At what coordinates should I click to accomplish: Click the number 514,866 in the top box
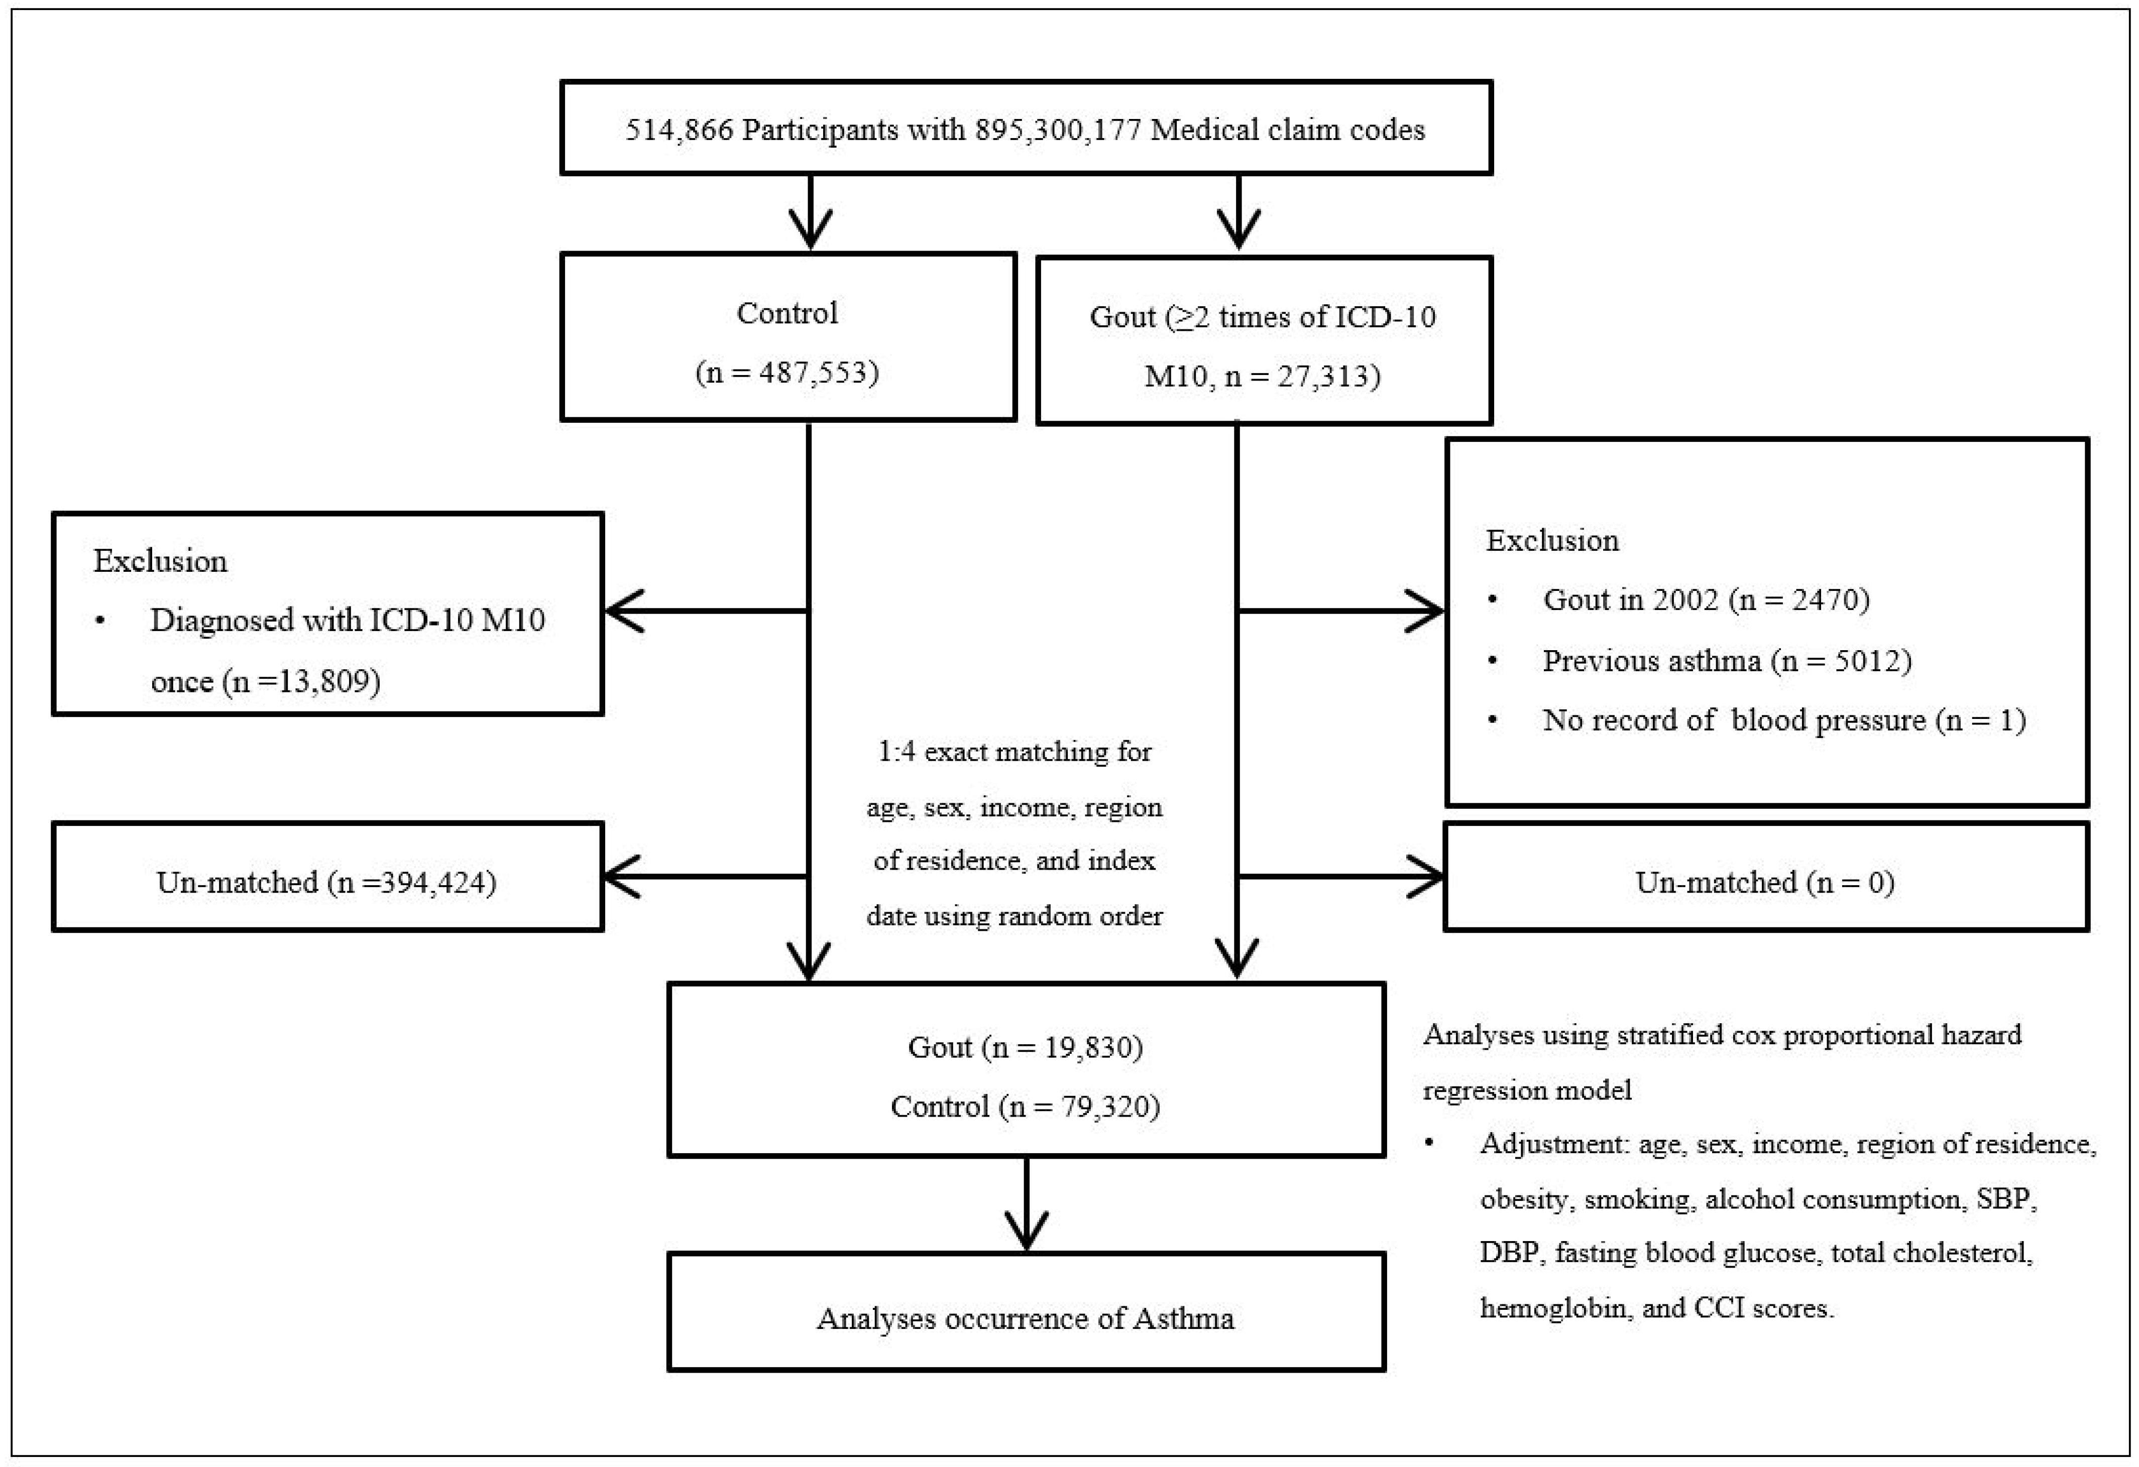[679, 130]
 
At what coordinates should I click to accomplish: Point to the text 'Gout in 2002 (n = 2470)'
[1706, 600]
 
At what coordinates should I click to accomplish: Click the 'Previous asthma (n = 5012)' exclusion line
[1727, 661]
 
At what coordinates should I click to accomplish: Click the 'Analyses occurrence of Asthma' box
[1026, 1319]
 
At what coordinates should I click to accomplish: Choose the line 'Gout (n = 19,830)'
[1026, 1047]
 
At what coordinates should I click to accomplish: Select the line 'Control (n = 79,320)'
[1026, 1106]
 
